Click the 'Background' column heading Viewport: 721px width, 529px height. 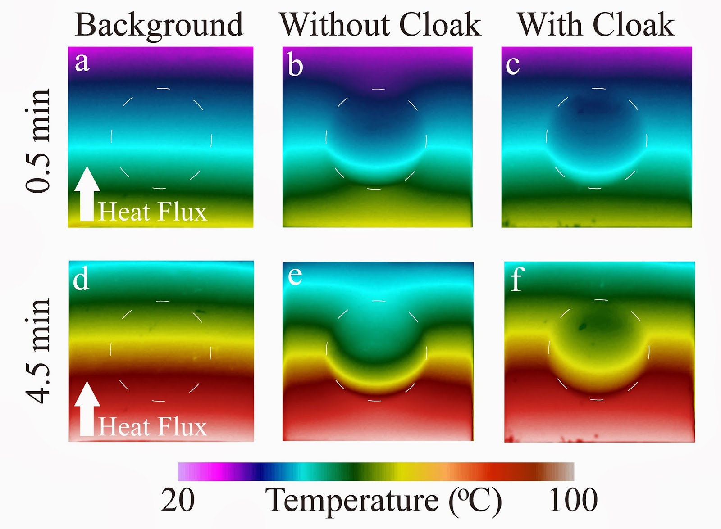159,25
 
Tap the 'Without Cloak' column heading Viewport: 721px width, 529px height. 380,24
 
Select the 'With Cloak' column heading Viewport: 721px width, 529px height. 596,24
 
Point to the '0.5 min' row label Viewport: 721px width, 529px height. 38,141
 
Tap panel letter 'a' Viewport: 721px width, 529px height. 82,62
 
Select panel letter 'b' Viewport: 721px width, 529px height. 295,66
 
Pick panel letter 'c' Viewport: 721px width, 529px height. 512,65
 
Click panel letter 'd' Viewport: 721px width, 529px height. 81,279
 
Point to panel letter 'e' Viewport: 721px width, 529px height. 295,276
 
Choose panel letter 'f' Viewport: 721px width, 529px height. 517,279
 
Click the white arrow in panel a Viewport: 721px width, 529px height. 87,194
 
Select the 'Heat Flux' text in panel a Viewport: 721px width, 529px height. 152,212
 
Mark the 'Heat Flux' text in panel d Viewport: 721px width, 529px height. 152,426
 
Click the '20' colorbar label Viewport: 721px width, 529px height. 178,500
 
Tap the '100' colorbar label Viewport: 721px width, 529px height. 573,500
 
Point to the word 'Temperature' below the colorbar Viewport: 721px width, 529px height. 351,500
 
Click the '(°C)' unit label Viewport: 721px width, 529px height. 475,500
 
